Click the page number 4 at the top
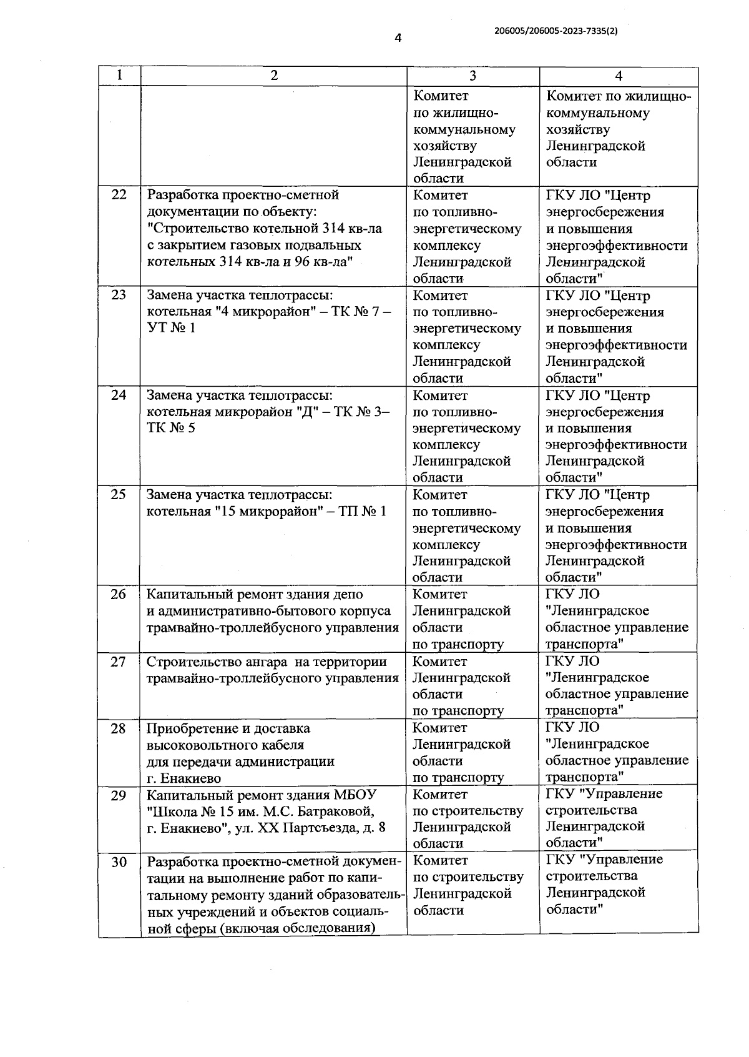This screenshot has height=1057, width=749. (x=398, y=38)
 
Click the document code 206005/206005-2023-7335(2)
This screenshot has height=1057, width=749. (x=556, y=29)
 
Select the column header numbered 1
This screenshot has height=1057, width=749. (x=119, y=76)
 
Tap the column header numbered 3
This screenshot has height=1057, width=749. (x=472, y=76)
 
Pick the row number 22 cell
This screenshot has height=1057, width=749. (x=119, y=195)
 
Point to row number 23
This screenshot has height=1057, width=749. (x=119, y=295)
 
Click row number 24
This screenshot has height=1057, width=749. (x=119, y=395)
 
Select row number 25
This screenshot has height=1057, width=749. (x=119, y=495)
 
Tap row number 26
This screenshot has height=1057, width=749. (x=119, y=594)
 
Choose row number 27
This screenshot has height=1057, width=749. (x=119, y=662)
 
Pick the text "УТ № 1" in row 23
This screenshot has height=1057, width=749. (x=171, y=328)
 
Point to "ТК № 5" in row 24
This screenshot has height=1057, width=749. (x=170, y=428)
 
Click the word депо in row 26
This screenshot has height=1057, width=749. (x=348, y=594)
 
